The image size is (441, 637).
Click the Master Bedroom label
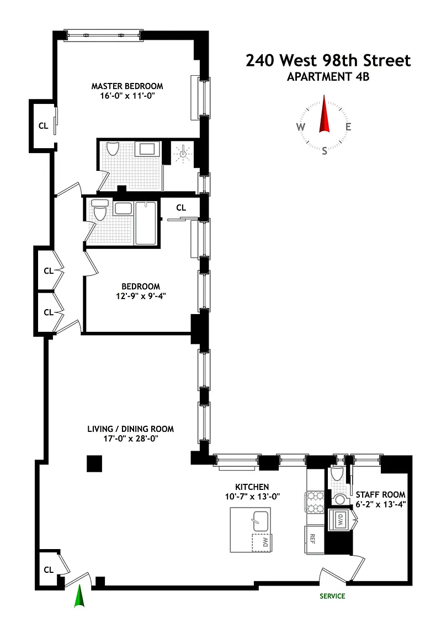point(127,86)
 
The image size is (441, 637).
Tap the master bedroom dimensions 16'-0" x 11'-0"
point(127,96)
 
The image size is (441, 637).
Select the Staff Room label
point(381,495)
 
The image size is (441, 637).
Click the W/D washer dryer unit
point(339,519)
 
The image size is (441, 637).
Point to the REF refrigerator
point(314,539)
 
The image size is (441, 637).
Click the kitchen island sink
point(261,521)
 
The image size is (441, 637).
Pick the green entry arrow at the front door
point(79,596)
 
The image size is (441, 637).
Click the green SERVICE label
point(332,596)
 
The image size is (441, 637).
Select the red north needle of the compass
point(325,114)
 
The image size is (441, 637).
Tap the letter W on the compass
point(301,127)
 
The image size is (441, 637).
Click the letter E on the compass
point(348,127)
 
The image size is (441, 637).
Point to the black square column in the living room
point(94,463)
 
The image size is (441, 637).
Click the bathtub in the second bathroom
point(146,223)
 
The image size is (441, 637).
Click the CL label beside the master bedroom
point(44,126)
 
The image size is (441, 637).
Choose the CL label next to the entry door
point(49,570)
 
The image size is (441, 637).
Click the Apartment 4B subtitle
point(328,77)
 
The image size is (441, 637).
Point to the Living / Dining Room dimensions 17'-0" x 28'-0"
point(130,438)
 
